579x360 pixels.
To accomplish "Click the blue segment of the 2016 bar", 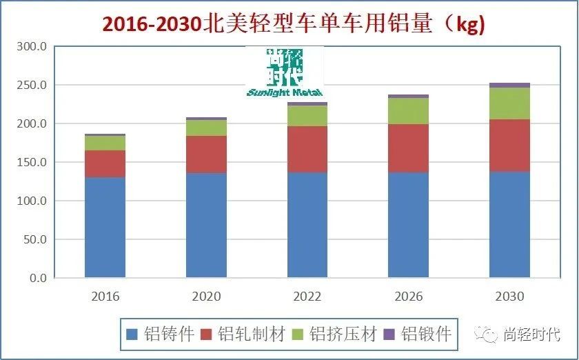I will (x=105, y=228).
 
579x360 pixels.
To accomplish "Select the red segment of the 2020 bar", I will (x=206, y=154).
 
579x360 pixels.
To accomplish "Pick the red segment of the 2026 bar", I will (x=408, y=148).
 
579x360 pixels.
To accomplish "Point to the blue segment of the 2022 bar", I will (x=307, y=225).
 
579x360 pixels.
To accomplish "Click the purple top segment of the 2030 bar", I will (x=509, y=85).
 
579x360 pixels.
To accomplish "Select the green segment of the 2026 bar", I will (x=408, y=111).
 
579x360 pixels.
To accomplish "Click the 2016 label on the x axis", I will (x=105, y=297).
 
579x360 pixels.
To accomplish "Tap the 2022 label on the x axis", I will (x=307, y=297).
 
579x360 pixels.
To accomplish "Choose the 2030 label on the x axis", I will (x=509, y=297).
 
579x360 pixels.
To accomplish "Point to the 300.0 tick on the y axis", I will (x=32, y=47).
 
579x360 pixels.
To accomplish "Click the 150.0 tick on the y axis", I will (x=32, y=163).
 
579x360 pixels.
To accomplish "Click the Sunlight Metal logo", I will (x=284, y=72).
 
